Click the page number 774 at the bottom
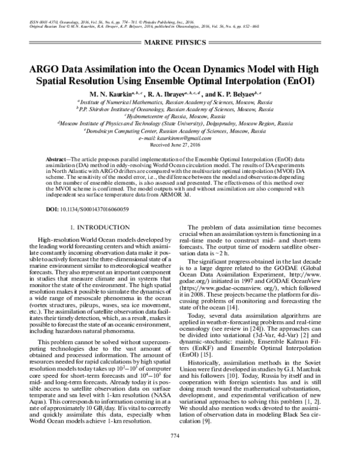179,451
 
